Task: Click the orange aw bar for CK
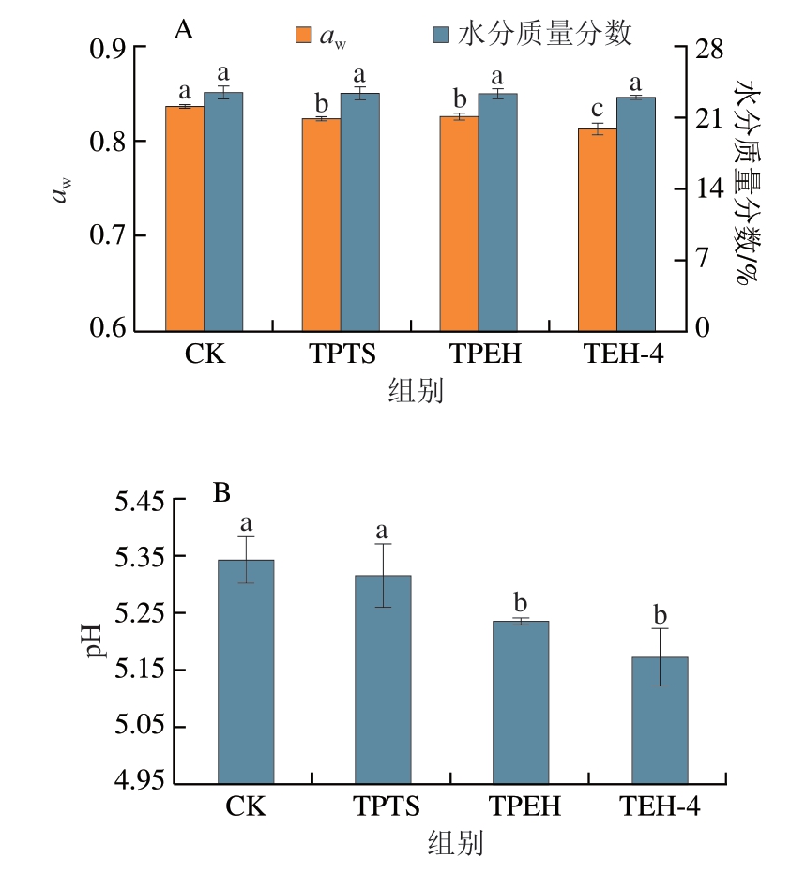click(x=185, y=218)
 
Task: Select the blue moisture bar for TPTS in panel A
click(x=360, y=212)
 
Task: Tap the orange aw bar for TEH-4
click(x=597, y=230)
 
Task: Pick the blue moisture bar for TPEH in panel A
click(x=497, y=212)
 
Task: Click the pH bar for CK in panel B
click(x=245, y=671)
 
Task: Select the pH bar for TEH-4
click(x=660, y=719)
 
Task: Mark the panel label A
click(x=184, y=31)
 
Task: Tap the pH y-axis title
click(x=95, y=641)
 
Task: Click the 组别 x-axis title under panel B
click(x=455, y=843)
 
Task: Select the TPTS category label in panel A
click(x=342, y=355)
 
